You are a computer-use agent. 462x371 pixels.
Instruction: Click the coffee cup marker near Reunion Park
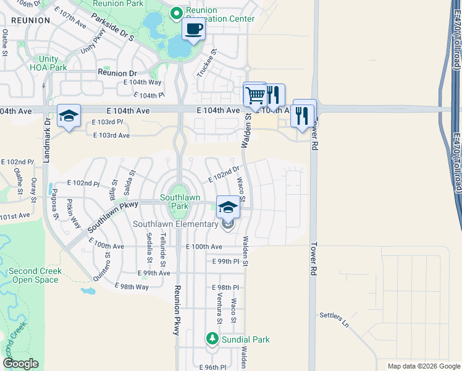click(x=194, y=28)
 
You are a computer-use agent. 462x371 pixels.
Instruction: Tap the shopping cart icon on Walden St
click(x=254, y=95)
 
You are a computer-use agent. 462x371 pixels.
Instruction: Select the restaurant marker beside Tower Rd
click(x=304, y=113)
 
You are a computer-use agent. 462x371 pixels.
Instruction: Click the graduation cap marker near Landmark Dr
click(x=69, y=115)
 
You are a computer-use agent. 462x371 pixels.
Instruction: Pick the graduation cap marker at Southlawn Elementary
click(x=228, y=207)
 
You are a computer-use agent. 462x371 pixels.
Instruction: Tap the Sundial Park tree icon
click(x=212, y=339)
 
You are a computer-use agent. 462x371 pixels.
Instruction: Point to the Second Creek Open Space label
click(x=33, y=276)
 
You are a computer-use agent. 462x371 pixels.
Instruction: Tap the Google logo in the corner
click(x=20, y=364)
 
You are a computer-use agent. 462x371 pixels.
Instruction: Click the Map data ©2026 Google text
click(x=423, y=366)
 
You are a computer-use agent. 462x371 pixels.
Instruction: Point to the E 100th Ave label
click(x=204, y=247)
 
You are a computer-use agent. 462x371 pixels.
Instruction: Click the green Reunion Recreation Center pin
click(x=176, y=12)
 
